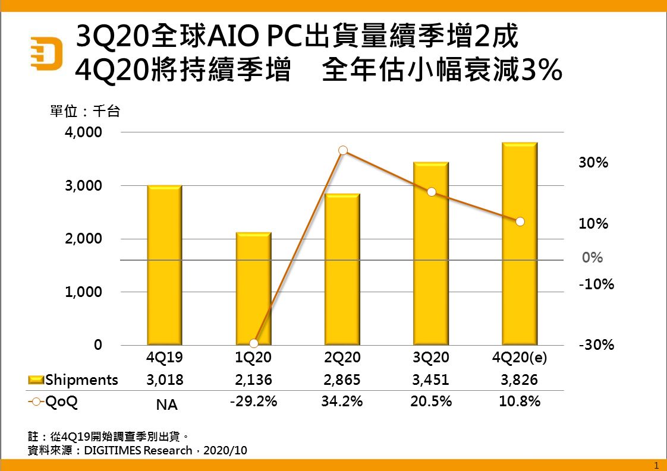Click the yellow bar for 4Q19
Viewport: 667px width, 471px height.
click(x=165, y=265)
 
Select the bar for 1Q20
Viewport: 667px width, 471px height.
click(x=254, y=289)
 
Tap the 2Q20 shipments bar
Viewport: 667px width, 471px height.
click(x=342, y=269)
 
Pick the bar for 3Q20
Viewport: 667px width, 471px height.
click(x=432, y=254)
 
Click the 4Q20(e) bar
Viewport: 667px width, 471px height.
click(x=520, y=244)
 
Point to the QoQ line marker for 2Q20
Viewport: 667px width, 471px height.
click(x=343, y=151)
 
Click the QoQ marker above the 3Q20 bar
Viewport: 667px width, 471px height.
click(x=432, y=192)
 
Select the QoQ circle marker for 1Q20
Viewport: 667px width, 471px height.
click(x=254, y=343)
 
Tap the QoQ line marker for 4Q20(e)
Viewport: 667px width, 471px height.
click(x=520, y=222)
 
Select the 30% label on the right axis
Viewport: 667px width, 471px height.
click(x=593, y=163)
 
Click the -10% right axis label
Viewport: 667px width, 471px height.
click(x=596, y=285)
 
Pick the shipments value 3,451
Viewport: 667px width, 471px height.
click(x=431, y=380)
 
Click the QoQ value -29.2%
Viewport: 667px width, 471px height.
click(x=253, y=402)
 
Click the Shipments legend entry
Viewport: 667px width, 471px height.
click(x=74, y=380)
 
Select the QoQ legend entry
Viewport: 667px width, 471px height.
click(x=54, y=402)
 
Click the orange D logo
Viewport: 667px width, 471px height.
click(x=47, y=53)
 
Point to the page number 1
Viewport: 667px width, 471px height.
click(x=656, y=464)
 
